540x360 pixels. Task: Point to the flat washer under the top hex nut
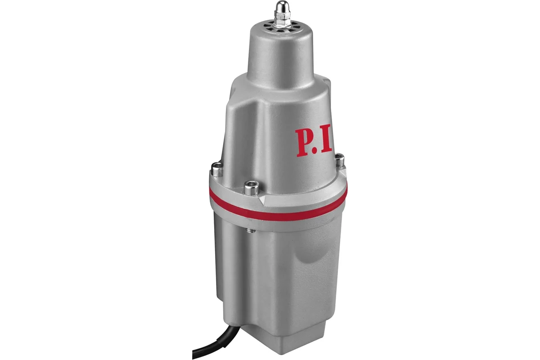click(282, 23)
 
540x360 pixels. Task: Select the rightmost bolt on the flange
click(340, 158)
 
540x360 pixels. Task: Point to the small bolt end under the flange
click(251, 231)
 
